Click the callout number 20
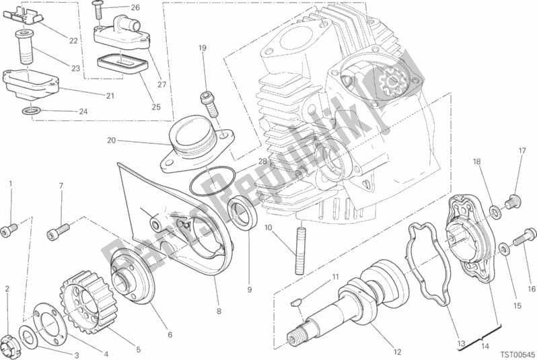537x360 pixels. click(111, 141)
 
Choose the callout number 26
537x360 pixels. click(136, 8)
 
